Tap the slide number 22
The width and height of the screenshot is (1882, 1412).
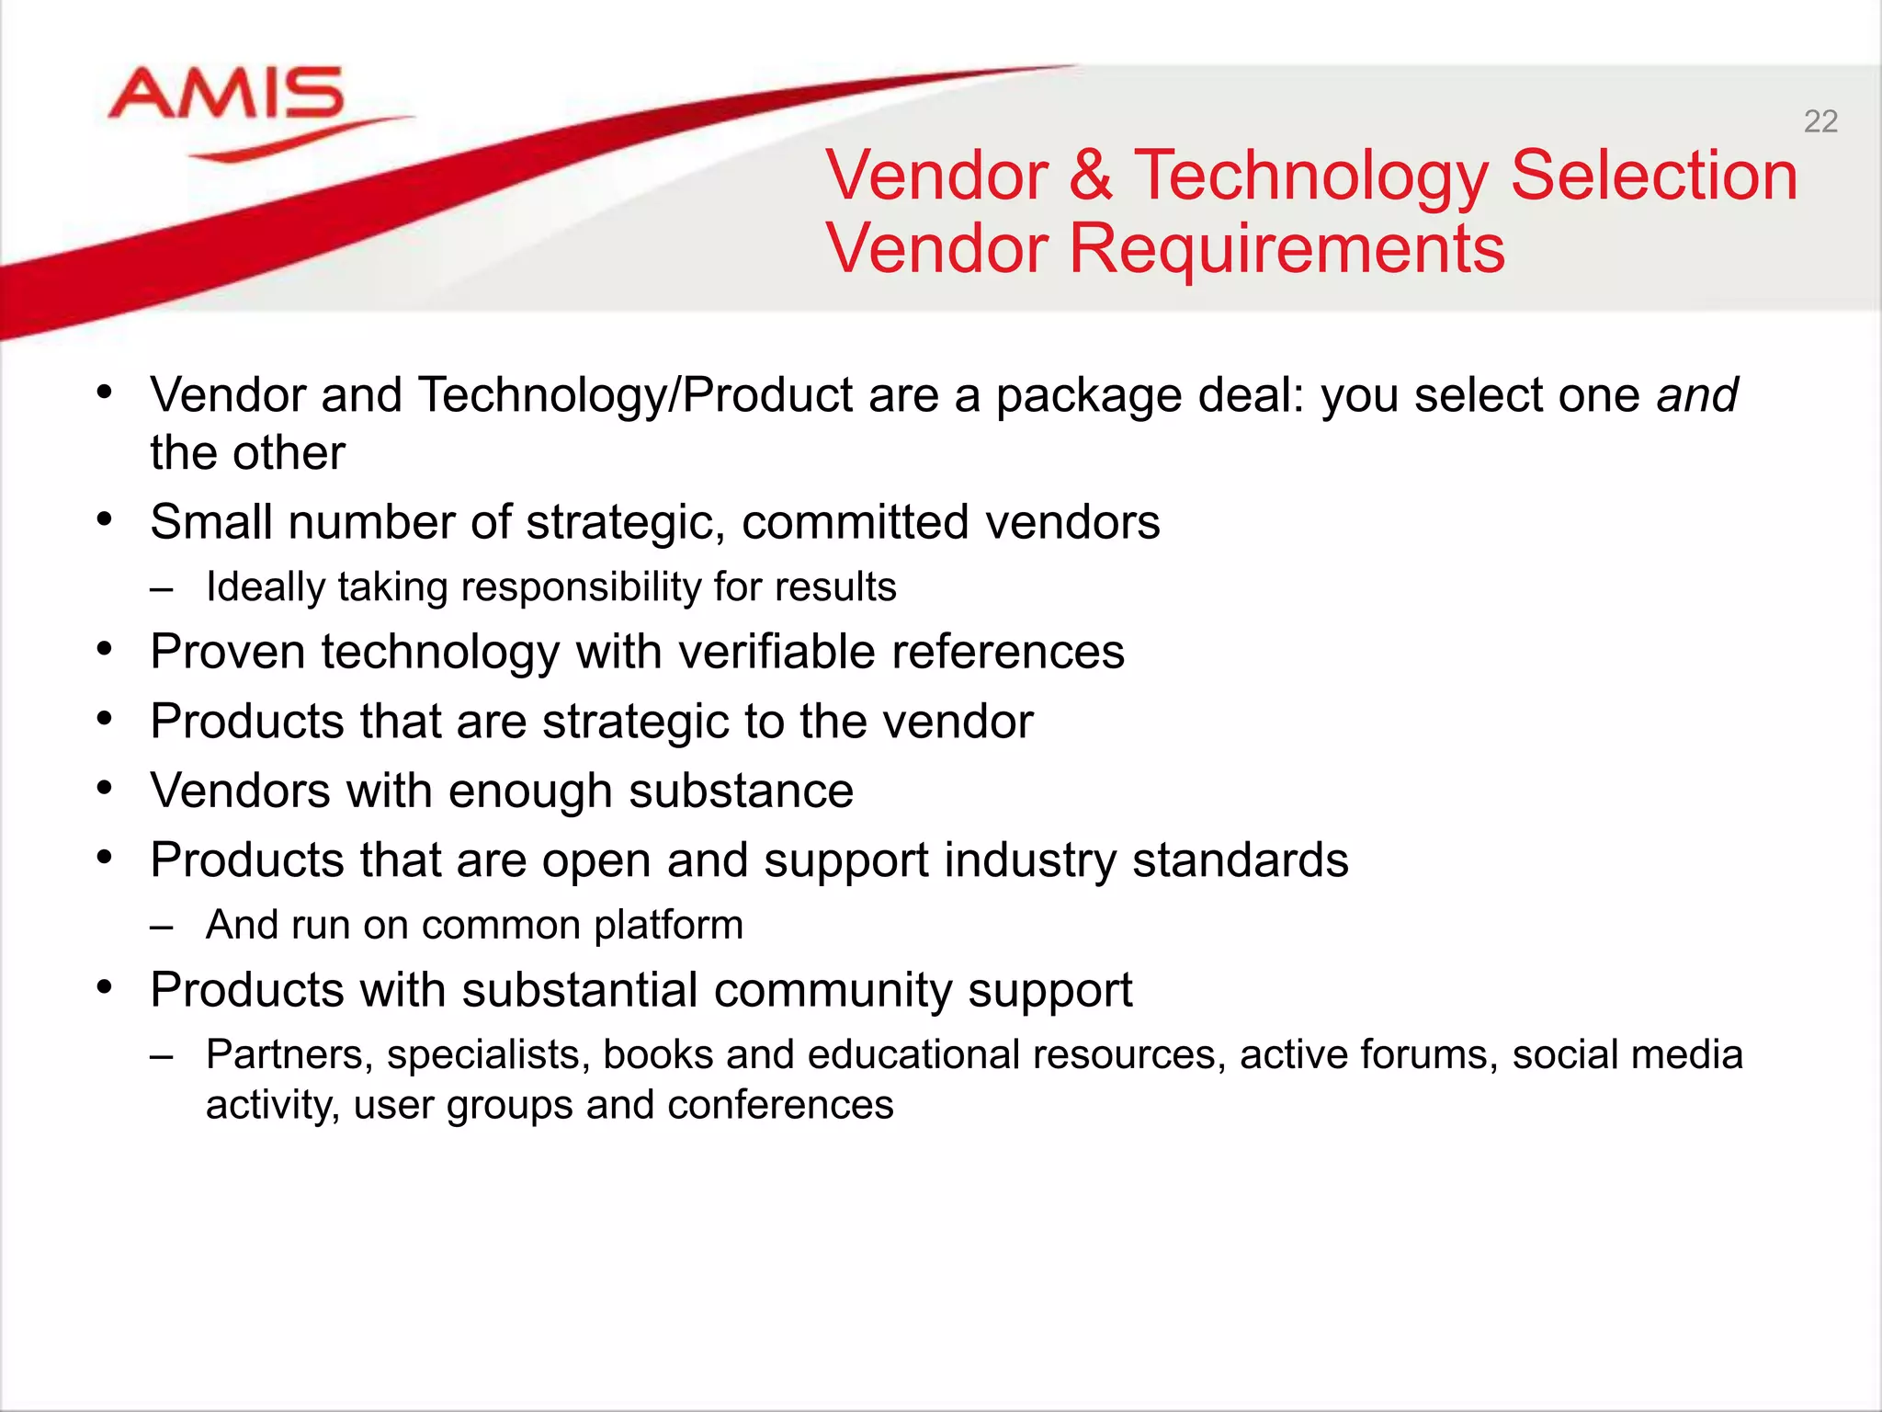click(1820, 121)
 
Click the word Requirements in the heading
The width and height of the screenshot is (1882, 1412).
click(1287, 250)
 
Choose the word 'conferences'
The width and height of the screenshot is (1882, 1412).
click(780, 1105)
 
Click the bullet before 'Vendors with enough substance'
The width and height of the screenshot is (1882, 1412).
click(105, 788)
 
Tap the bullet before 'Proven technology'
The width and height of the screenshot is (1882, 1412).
click(105, 649)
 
